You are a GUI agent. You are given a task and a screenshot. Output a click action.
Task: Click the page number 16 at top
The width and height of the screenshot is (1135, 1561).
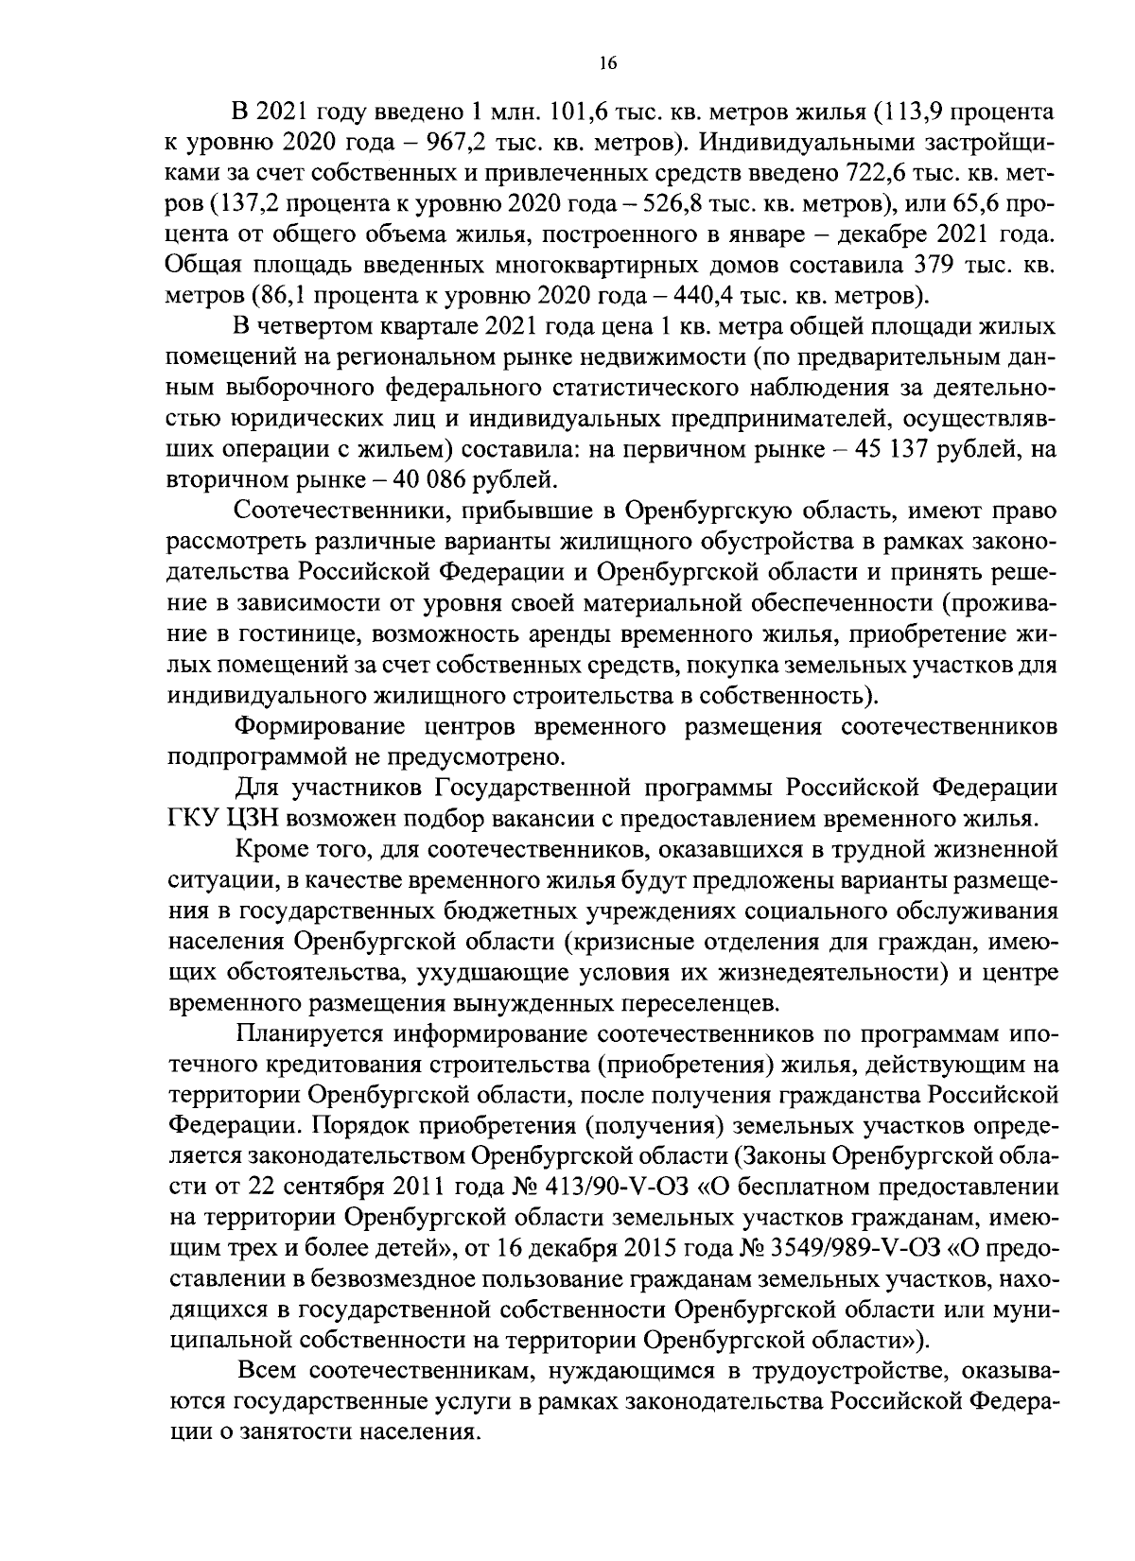click(607, 63)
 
